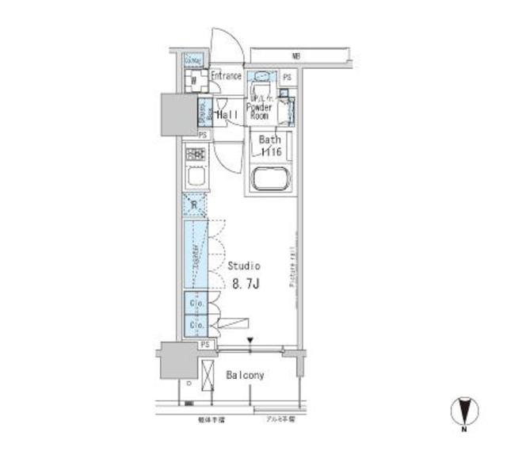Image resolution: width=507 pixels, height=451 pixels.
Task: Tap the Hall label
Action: click(230, 115)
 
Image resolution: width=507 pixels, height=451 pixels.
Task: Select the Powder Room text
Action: click(259, 111)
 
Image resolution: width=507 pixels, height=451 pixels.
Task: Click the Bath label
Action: click(270, 139)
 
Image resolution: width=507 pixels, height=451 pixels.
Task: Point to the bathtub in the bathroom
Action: click(273, 179)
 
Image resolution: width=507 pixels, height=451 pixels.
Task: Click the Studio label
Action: click(244, 266)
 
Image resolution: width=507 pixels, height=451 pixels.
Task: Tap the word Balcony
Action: click(246, 374)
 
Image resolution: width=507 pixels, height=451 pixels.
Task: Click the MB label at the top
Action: click(295, 56)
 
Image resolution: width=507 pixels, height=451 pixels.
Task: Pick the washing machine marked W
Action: click(193, 81)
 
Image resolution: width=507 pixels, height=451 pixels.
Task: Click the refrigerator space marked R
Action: click(194, 205)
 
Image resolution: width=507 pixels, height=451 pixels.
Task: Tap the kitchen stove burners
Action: click(195, 155)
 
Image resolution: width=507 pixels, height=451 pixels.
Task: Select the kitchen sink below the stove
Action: click(195, 177)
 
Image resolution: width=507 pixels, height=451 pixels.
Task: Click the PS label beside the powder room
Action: click(287, 78)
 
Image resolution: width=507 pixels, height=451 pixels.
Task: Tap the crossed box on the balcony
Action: click(208, 375)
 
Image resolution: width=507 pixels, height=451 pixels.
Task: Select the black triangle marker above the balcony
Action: click(250, 342)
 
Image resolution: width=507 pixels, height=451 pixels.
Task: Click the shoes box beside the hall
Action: click(203, 113)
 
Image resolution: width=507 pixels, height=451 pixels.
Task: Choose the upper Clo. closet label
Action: click(195, 304)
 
